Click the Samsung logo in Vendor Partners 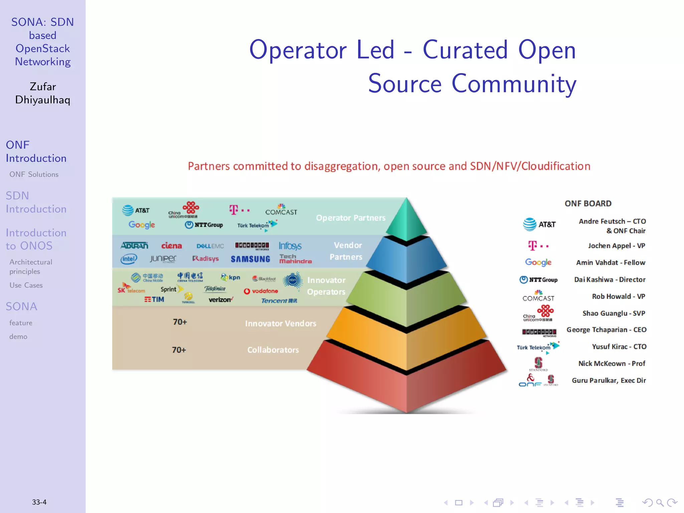(250, 259)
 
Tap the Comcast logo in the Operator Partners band (281, 210)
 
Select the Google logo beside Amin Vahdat (538, 263)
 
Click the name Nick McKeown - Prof (612, 363)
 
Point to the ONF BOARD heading (588, 203)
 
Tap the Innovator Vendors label (281, 323)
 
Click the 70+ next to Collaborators (179, 350)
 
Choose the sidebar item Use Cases (26, 285)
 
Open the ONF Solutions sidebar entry (34, 174)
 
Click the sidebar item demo (18, 337)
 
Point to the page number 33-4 (39, 502)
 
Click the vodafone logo (261, 291)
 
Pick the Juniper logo (163, 259)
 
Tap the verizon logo (221, 300)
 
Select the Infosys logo (290, 246)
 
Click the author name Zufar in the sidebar (43, 87)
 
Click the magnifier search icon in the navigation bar (660, 502)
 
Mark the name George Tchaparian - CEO (606, 330)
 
